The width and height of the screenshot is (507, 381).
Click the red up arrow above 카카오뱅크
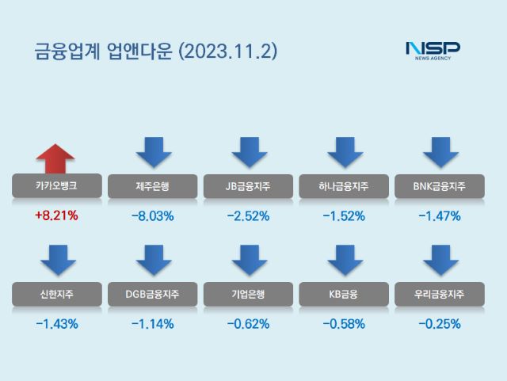(56, 158)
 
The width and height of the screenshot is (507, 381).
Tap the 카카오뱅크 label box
(56, 186)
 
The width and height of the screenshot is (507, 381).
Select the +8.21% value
(56, 215)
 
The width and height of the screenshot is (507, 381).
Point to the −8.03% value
(153, 215)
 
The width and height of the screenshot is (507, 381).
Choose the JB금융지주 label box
(248, 186)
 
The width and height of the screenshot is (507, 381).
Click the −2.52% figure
(248, 215)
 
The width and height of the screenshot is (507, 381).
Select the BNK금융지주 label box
(440, 186)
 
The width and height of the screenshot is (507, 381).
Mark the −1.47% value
(440, 215)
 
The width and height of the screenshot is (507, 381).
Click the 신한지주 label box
(56, 294)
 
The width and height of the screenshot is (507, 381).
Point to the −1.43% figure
(56, 323)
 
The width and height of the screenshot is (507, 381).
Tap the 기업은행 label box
(248, 294)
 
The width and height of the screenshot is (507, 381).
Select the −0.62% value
(248, 323)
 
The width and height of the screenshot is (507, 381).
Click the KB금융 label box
(344, 294)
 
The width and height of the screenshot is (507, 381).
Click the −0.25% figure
(440, 323)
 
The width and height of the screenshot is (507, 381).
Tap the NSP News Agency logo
(433, 51)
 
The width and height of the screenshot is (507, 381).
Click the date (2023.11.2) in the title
(229, 51)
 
